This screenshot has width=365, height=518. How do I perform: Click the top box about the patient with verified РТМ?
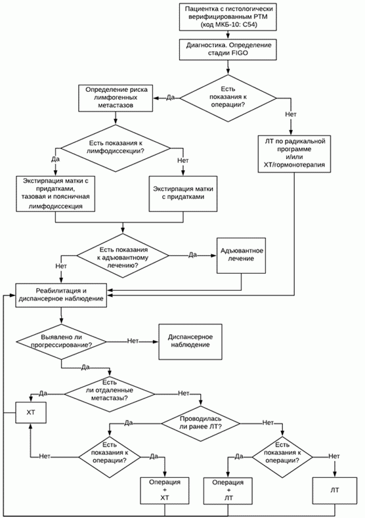228,16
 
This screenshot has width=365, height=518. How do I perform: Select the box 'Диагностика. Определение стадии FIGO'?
228,49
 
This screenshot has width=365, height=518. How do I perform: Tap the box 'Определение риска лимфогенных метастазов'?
116,98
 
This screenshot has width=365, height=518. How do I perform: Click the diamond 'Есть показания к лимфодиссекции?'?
116,148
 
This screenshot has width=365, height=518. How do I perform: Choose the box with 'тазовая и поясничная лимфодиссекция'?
56,193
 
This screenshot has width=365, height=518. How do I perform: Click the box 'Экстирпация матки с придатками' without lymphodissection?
183,193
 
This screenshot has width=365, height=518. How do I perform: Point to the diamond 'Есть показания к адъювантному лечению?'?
123,255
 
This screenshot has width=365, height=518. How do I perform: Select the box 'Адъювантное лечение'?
241,255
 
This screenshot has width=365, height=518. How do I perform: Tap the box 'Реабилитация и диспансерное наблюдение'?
61,295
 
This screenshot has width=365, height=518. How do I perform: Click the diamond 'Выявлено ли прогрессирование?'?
62,341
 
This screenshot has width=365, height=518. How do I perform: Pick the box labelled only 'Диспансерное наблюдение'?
190,341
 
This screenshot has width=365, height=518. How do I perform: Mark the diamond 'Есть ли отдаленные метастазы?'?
110,394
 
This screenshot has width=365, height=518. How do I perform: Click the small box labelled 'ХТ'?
31,412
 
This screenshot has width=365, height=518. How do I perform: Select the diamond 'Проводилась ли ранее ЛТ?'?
200,423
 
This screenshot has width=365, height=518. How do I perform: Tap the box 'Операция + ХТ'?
165,490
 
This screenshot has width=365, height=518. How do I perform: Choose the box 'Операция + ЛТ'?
228,490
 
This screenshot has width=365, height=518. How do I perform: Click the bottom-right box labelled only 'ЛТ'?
335,490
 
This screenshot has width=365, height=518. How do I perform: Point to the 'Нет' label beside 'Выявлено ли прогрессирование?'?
133,341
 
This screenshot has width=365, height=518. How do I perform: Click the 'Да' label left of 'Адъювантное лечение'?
192,255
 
